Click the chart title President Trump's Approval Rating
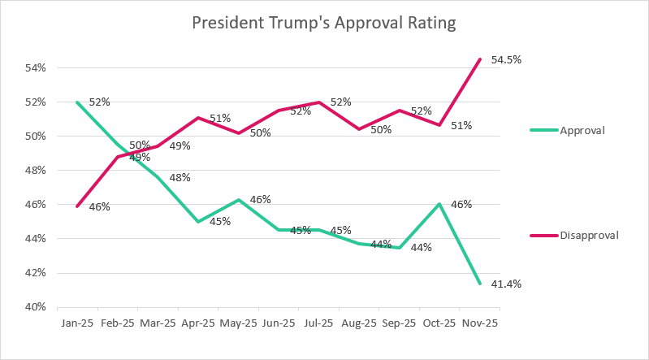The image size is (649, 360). [324, 23]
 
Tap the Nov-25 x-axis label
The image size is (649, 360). [479, 323]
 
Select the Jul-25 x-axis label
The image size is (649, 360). [318, 323]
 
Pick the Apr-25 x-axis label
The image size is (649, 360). [198, 323]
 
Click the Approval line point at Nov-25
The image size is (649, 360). [480, 283]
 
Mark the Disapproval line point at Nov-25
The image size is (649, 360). [480, 59]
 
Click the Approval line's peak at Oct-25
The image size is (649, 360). [439, 204]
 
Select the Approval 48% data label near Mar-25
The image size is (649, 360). [180, 178]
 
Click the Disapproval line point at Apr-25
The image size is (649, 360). [198, 118]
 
